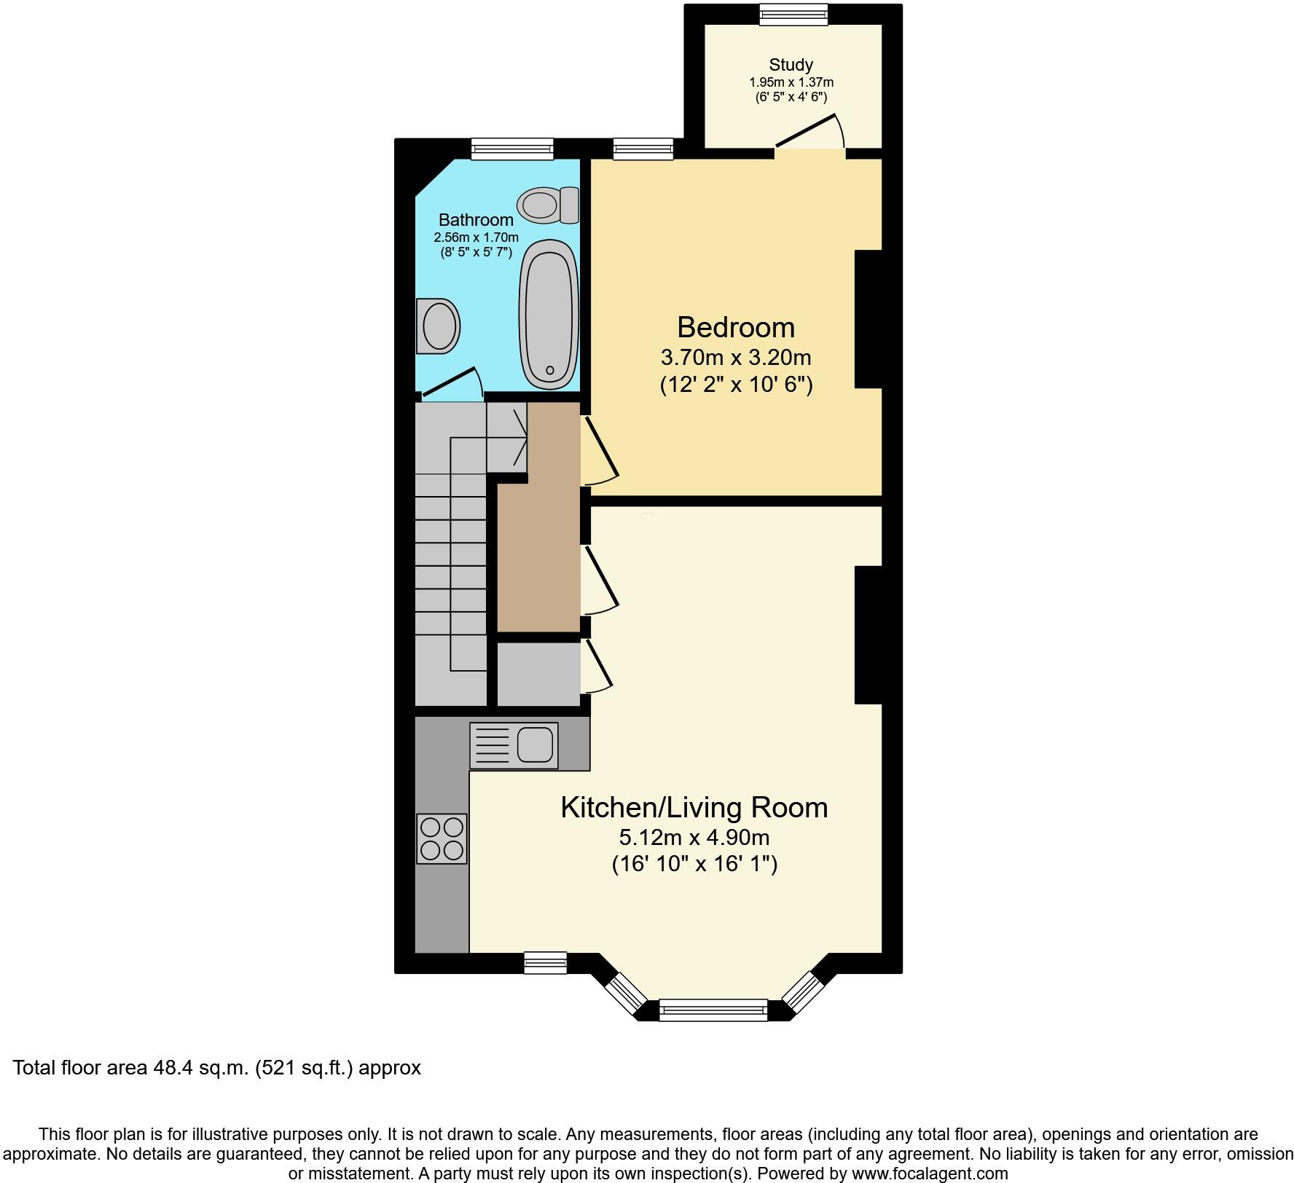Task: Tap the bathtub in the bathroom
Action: [549, 313]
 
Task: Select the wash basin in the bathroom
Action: [439, 326]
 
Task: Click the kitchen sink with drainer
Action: [514, 745]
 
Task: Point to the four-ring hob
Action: [442, 838]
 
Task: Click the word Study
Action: [791, 65]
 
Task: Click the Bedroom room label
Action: [735, 327]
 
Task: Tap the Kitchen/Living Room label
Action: [694, 807]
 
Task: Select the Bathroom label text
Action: [476, 219]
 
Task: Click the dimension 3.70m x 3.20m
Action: [735, 358]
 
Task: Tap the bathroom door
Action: [452, 384]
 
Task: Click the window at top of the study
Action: [793, 14]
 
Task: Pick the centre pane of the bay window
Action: [713, 1009]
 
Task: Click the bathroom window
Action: [512, 149]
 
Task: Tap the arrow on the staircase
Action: [518, 438]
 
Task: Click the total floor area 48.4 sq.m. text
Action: [217, 1068]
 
